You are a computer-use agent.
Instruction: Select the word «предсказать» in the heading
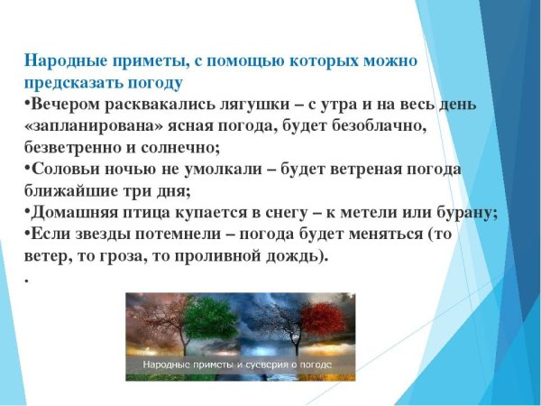click(x=69, y=84)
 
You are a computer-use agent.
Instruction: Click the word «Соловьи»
click(x=64, y=171)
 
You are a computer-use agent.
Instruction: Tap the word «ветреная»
click(x=357, y=171)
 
